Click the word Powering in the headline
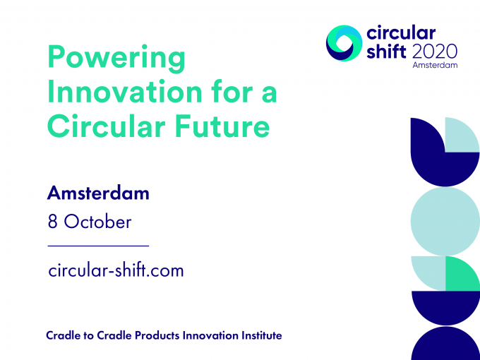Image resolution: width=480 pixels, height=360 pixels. (116, 59)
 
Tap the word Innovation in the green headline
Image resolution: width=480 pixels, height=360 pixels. (125, 92)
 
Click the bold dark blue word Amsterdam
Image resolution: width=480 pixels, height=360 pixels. (98, 193)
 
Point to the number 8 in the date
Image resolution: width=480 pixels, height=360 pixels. (52, 222)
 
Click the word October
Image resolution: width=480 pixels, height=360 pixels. (97, 222)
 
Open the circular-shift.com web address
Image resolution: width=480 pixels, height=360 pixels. (116, 270)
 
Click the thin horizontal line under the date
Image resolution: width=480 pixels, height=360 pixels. (98, 246)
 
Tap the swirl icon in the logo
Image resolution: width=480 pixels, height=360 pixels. (344, 43)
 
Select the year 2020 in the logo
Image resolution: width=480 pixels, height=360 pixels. (435, 52)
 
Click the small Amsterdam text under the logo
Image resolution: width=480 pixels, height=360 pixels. (435, 65)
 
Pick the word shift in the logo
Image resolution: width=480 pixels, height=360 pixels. (386, 51)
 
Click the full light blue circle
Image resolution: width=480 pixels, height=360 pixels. (445, 222)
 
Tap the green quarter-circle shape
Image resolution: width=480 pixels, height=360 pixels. (461, 275)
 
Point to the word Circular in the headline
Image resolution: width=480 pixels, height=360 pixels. (107, 126)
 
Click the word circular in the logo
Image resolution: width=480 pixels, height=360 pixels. (401, 32)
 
